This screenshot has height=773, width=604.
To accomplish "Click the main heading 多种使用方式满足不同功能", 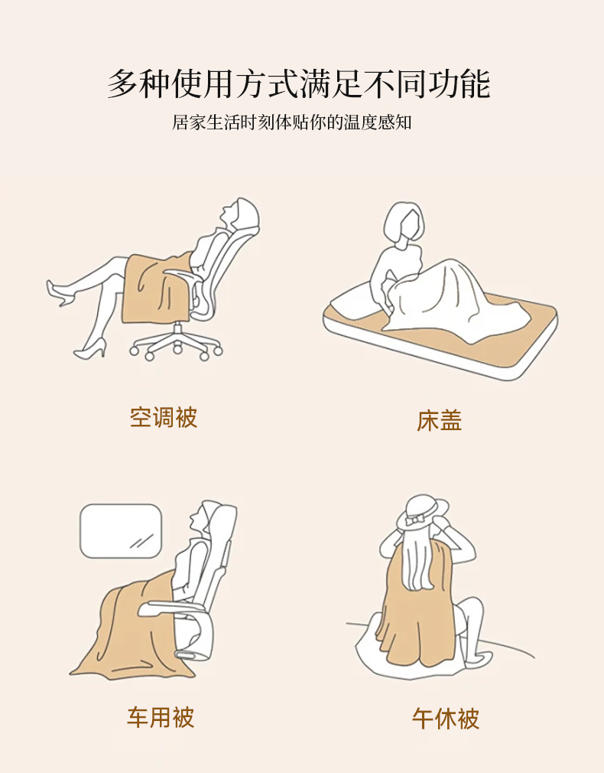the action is tap(299, 84).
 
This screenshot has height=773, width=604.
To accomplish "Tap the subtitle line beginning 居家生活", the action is tap(291, 122).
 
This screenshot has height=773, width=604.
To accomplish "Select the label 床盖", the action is tap(440, 420).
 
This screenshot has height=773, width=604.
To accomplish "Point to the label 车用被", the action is tap(161, 717).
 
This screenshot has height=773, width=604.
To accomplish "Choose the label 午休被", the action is tap(446, 719).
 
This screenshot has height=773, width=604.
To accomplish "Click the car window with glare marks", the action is tap(121, 531).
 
